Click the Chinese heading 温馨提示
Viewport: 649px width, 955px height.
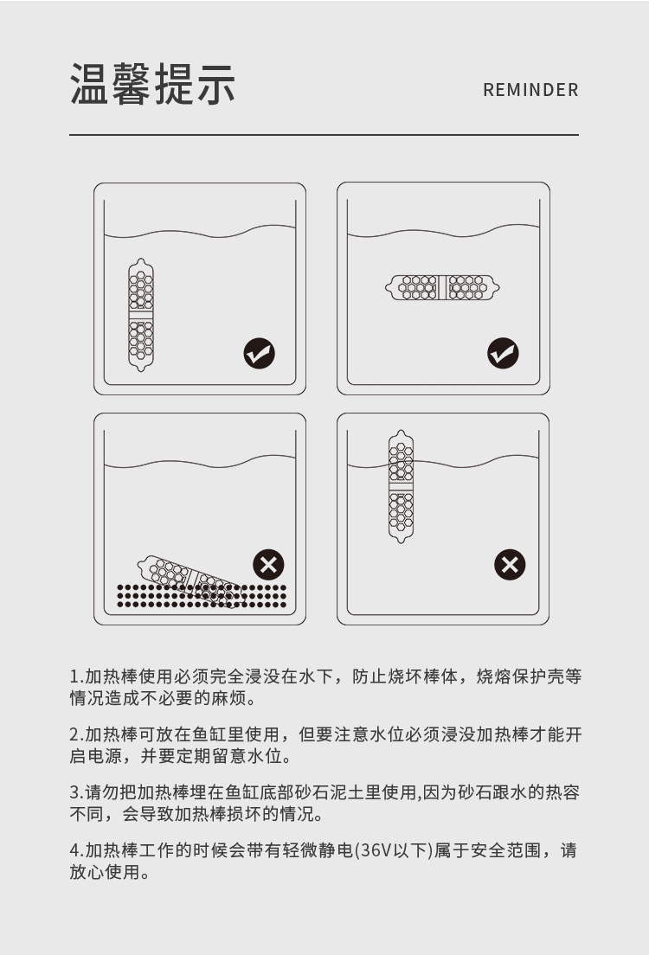(152, 84)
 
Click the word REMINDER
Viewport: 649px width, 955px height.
(530, 90)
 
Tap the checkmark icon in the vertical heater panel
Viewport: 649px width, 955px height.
(260, 353)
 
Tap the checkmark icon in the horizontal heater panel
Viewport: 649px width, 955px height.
(503, 353)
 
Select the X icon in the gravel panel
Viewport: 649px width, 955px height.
(269, 565)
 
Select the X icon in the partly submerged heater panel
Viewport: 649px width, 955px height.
(510, 565)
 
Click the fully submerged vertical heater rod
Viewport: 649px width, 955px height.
(141, 315)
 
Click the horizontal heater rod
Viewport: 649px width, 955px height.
(442, 287)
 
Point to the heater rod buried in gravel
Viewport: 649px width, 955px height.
(190, 581)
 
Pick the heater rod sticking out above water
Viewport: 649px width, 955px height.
(401, 487)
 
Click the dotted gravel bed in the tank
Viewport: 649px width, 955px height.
(201, 596)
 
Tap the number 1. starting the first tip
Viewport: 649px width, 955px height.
(76, 676)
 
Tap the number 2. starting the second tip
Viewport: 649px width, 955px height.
(76, 734)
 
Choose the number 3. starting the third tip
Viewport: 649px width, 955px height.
(76, 792)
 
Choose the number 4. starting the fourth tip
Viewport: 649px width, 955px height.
(76, 850)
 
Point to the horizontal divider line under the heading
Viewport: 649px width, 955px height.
(324, 135)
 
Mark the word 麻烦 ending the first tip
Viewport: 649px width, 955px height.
(228, 698)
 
